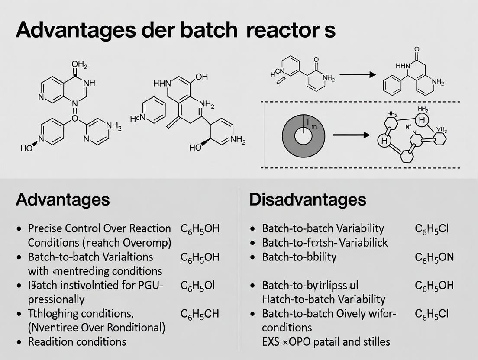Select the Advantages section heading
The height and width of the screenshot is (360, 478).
[62, 199]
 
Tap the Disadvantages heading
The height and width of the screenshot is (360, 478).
[308, 199]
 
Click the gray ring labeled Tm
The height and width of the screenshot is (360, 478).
[303, 135]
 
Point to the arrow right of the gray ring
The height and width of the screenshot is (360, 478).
[351, 135]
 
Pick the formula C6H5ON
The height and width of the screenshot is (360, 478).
[434, 257]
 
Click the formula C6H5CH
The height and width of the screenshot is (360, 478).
[200, 314]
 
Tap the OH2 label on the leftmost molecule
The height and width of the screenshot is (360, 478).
[79, 66]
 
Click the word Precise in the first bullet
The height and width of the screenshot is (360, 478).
[46, 228]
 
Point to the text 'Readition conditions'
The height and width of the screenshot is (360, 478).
[77, 342]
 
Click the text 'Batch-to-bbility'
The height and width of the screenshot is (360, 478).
[299, 257]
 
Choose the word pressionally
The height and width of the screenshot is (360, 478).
[56, 299]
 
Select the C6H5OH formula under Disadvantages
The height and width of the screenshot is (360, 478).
[434, 286]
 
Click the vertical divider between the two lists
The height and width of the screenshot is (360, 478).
[239, 268]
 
